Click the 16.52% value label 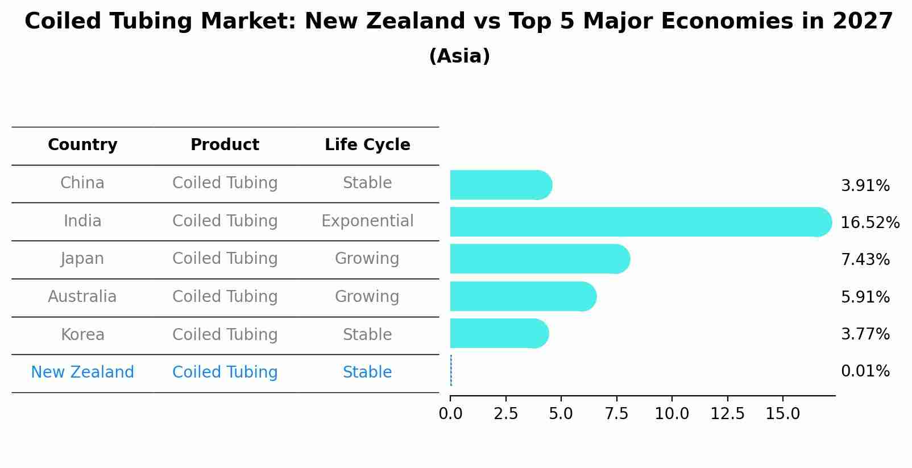coord(869,223)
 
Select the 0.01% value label coord(865,371)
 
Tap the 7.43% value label coord(865,260)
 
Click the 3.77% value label coord(865,334)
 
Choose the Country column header coord(82,145)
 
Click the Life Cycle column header coord(367,145)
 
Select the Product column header coord(225,145)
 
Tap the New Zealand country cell coord(82,372)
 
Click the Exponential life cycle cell coord(367,221)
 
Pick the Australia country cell coord(82,297)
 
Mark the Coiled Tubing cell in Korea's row coord(225,335)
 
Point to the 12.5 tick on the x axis coord(727,413)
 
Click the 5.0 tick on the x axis coord(561,413)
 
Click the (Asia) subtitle coord(459,56)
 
